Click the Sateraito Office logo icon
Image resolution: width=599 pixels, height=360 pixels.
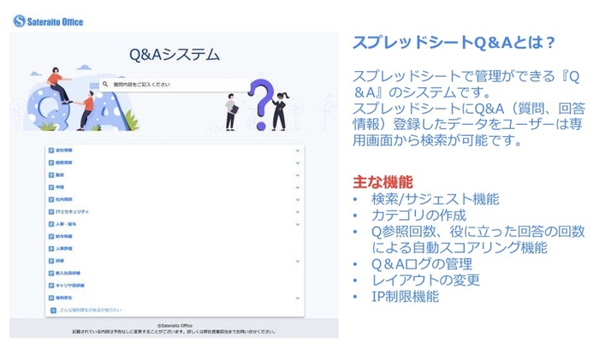click(20, 21)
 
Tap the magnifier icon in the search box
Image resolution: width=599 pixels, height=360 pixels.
click(106, 85)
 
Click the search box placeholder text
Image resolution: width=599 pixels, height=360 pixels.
click(142, 85)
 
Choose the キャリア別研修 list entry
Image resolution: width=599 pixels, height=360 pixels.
click(71, 285)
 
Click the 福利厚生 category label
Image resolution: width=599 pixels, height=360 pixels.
click(65, 297)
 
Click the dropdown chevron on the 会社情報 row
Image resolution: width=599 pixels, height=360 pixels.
click(297, 150)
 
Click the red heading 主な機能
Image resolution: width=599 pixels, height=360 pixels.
click(383, 182)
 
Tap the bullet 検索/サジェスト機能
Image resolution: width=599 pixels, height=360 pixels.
click(435, 199)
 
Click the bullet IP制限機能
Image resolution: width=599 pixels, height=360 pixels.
click(405, 297)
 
